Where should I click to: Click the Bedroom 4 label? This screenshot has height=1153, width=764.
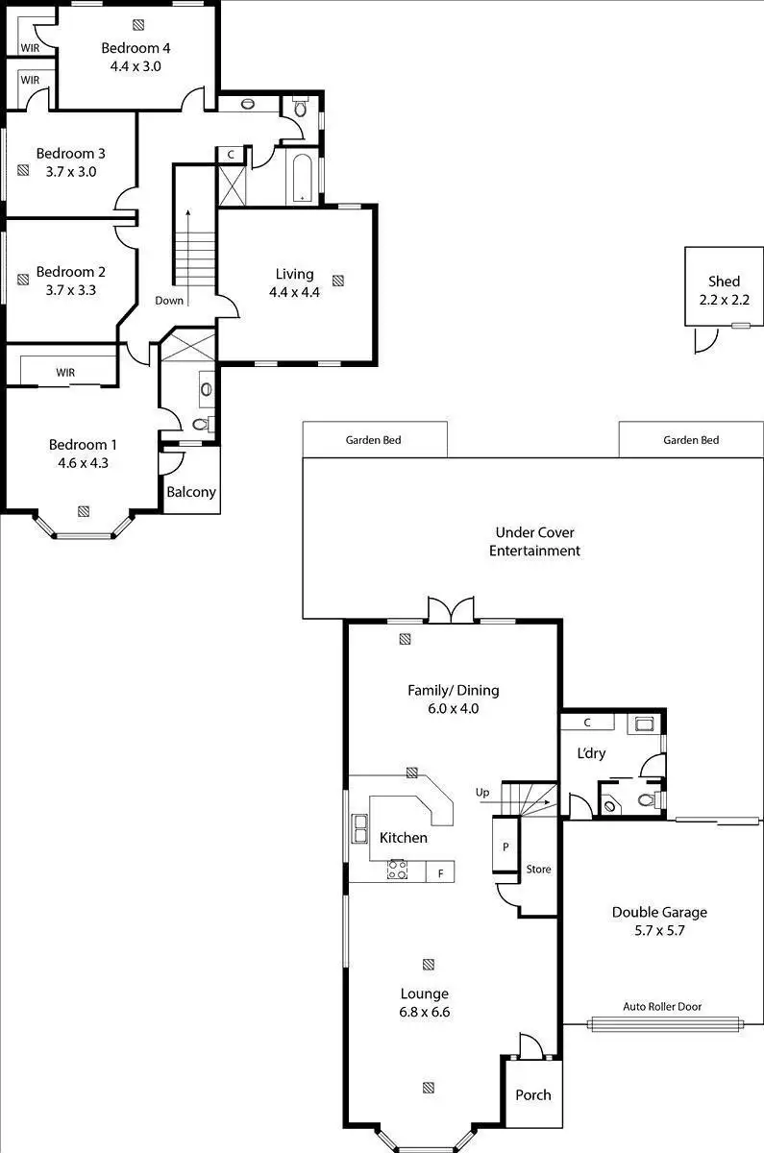pos(136,48)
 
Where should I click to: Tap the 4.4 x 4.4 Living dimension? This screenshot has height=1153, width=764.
pos(294,292)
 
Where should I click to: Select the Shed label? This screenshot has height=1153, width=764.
pos(724,281)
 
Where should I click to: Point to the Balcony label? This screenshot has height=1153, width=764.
pos(191,492)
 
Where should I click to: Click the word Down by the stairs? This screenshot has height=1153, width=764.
pos(169,301)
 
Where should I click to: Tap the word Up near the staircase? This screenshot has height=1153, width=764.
pos(482,792)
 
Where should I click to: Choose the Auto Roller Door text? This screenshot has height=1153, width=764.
pos(662,1006)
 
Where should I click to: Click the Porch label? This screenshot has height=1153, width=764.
pos(532,1094)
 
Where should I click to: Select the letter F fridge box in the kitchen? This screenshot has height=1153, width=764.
pos(440,873)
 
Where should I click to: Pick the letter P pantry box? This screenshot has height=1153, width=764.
pos(505,846)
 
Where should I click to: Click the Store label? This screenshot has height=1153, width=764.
pos(538,869)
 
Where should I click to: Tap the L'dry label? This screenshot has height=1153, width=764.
pos(591,753)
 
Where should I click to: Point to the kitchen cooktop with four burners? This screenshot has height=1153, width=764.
pos(397,870)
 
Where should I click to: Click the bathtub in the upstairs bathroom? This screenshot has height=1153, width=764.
pos(302,179)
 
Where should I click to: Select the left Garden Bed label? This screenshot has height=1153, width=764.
pos(373,440)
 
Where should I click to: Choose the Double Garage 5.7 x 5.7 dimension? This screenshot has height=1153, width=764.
pos(659,930)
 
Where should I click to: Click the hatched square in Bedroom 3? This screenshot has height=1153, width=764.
pos(23,170)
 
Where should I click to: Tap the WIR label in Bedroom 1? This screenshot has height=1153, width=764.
pos(65,372)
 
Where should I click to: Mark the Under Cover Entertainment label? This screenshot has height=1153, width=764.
pos(534,542)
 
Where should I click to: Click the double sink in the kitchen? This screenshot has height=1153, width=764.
pos(359,828)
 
